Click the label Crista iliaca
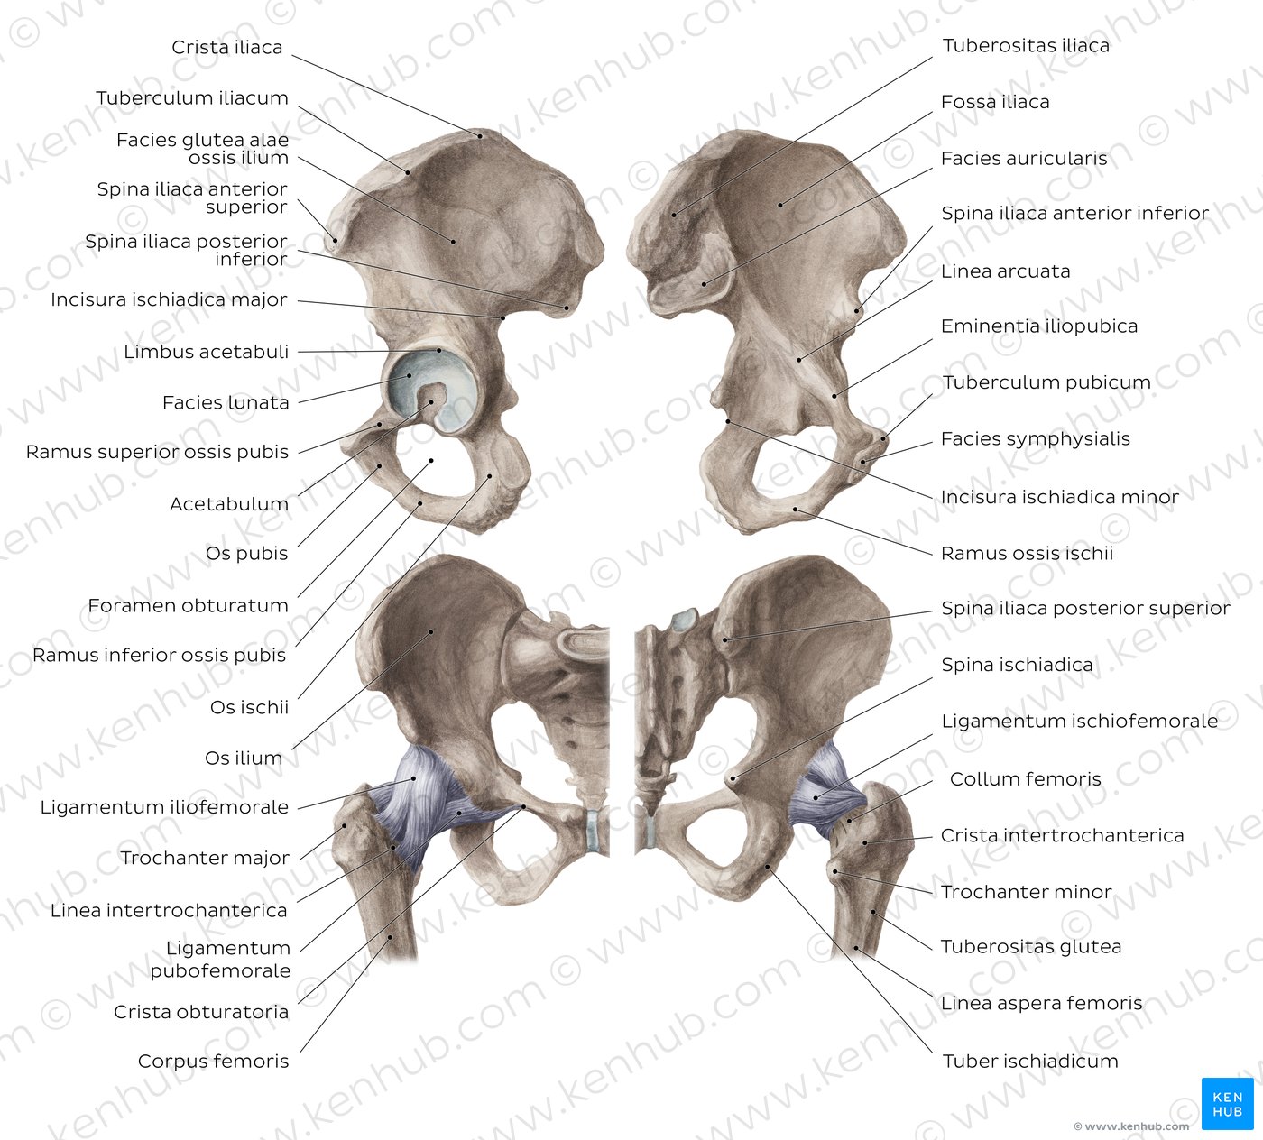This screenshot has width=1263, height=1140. click(226, 47)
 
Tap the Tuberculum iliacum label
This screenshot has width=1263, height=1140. click(192, 98)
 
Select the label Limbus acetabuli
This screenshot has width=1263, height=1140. click(206, 352)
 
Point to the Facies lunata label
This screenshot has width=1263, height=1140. click(226, 402)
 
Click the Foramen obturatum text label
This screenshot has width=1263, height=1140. click(188, 605)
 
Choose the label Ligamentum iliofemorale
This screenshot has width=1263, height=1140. click(164, 807)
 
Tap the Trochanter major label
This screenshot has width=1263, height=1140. click(205, 858)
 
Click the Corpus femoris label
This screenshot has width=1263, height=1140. click(214, 1062)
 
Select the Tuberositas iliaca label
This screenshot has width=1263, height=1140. click(1026, 45)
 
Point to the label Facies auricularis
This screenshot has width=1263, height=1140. click(1024, 159)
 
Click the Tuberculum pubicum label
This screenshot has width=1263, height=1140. click(1046, 382)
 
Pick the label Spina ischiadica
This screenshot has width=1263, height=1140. click(1017, 665)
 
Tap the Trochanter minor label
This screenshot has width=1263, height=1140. click(1027, 892)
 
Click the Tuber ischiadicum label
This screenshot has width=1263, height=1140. click(1030, 1062)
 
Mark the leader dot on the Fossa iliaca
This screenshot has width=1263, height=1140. click(780, 205)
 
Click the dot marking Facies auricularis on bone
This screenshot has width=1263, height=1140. click(705, 284)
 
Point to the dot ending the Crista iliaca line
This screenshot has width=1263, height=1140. click(480, 135)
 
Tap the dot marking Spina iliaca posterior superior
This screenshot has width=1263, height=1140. click(725, 640)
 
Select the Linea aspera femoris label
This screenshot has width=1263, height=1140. click(1041, 1004)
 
